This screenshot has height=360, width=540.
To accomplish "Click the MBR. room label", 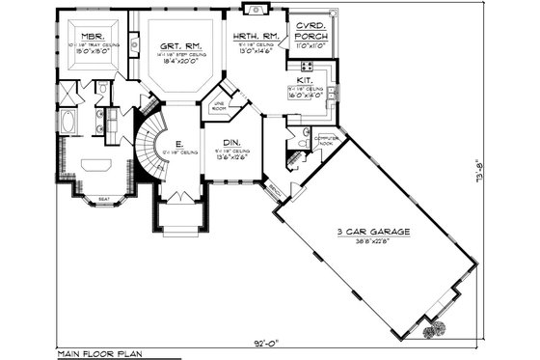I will point(94,35).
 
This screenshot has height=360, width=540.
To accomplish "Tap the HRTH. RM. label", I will point(256,36).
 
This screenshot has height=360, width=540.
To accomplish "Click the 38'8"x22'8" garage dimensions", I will point(377,242).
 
